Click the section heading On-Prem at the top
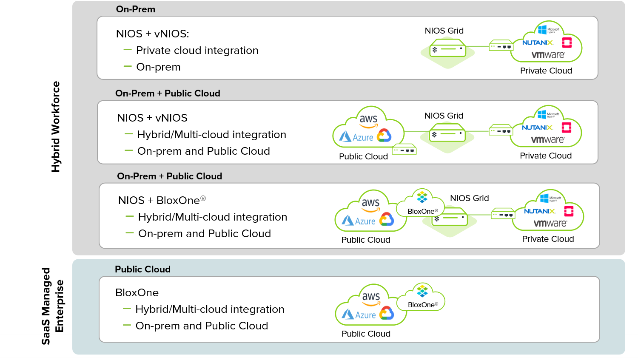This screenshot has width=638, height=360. click(x=135, y=9)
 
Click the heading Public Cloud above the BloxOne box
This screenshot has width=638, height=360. click(x=142, y=269)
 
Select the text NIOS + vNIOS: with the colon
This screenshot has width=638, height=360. click(x=152, y=34)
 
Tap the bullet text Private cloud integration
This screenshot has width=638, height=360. click(x=197, y=50)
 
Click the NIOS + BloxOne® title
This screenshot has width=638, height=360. click(x=162, y=200)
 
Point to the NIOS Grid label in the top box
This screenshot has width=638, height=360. click(x=444, y=31)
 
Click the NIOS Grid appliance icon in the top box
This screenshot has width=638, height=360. click(x=447, y=48)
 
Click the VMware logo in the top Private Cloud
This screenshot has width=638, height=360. click(x=548, y=55)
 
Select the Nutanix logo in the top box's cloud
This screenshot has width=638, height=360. click(x=538, y=43)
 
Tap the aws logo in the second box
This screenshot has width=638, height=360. click(x=368, y=120)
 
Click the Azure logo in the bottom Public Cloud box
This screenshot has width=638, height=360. click(x=359, y=315)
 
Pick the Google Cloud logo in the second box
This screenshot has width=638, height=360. click(x=384, y=135)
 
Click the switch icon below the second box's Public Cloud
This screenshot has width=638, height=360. click(x=404, y=150)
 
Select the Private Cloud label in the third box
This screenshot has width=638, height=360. click(x=548, y=239)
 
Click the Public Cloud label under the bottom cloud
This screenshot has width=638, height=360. click(x=366, y=334)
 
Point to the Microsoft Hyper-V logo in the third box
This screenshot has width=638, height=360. click(x=550, y=198)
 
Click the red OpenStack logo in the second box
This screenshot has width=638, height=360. click(x=566, y=128)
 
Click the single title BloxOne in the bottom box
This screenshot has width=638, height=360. click(x=137, y=292)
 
